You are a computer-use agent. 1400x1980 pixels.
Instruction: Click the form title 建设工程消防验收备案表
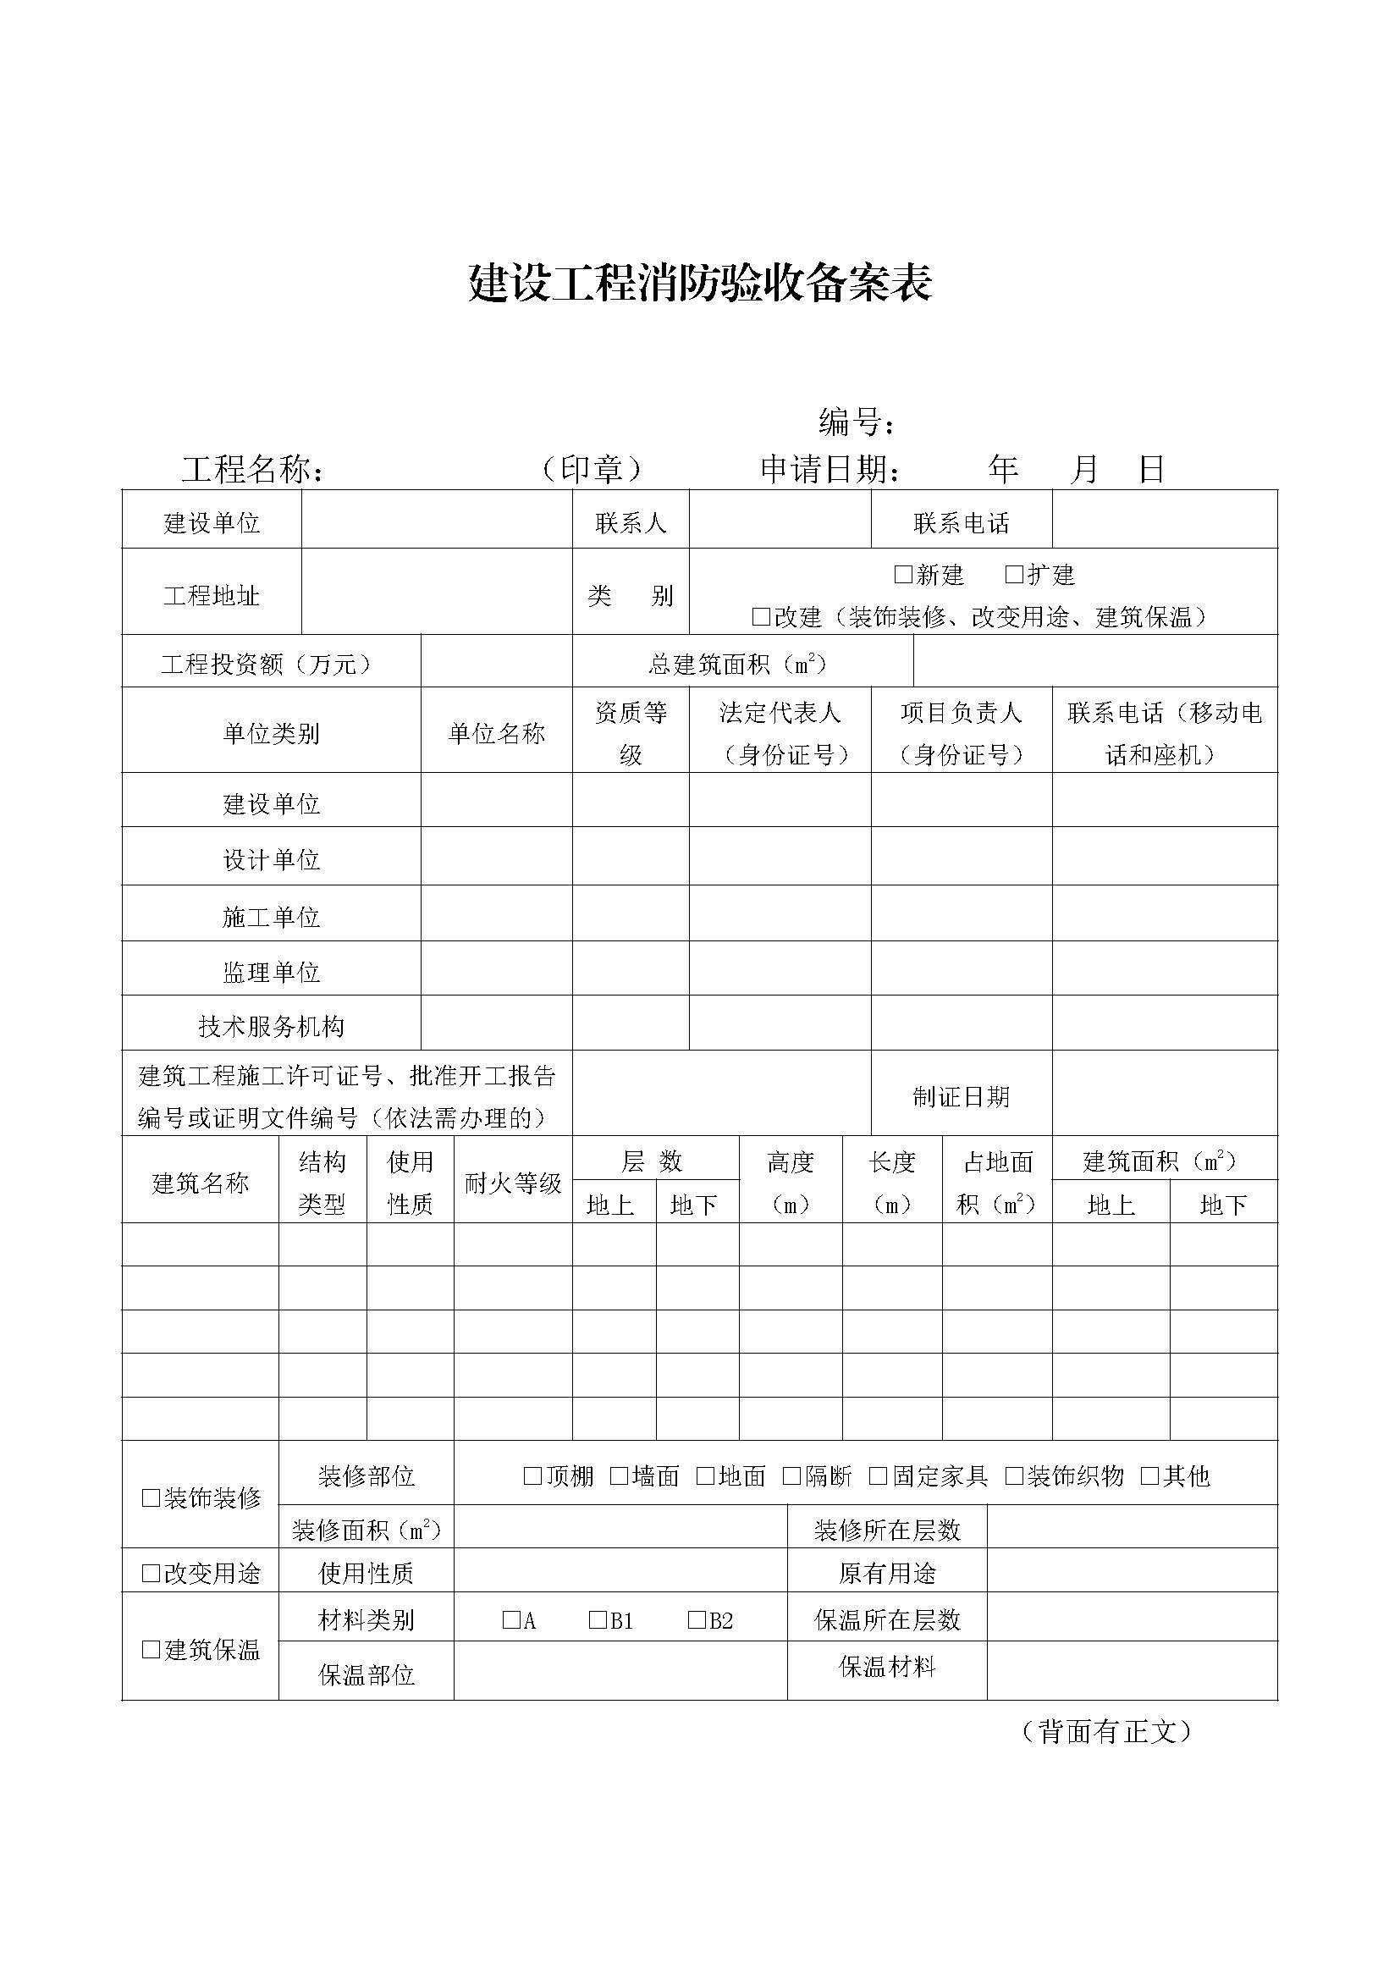point(699,282)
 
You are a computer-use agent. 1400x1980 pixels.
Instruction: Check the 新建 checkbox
point(902,574)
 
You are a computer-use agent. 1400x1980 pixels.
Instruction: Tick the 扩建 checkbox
point(1014,574)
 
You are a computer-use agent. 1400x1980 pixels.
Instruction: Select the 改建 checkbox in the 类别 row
point(760,616)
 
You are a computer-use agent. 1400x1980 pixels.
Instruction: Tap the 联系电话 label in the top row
point(962,522)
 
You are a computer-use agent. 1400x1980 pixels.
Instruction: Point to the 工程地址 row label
point(212,595)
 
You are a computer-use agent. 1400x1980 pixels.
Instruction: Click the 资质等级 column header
point(631,733)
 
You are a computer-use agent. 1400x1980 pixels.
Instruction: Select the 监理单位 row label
point(271,972)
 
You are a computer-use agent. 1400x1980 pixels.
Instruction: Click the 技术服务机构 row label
point(271,1026)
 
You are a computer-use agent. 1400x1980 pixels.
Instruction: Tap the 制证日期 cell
point(961,1096)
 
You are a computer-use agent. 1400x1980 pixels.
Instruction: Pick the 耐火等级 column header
point(513,1183)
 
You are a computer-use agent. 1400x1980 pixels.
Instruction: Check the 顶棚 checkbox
point(532,1476)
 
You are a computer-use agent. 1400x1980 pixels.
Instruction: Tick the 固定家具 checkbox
point(878,1476)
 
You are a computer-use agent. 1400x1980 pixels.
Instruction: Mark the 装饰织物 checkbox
point(1014,1476)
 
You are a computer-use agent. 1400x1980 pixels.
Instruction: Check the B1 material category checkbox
point(598,1620)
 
